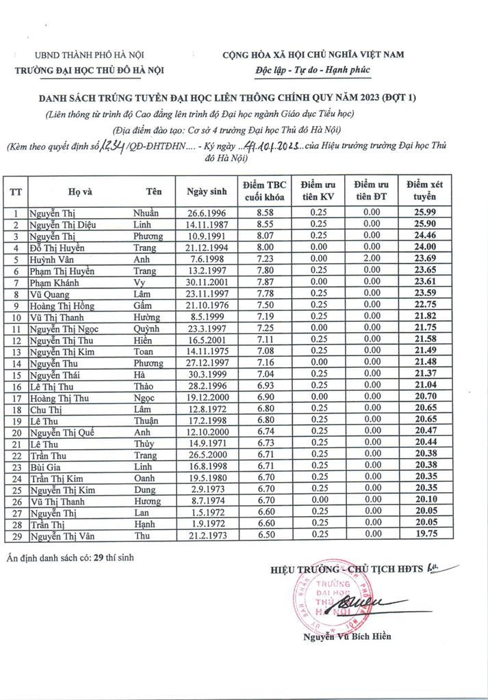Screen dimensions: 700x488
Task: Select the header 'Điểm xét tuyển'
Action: click(424, 191)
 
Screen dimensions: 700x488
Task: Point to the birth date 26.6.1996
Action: click(206, 213)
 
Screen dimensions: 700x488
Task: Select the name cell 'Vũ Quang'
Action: click(48, 294)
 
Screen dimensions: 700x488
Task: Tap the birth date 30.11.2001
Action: click(206, 282)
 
